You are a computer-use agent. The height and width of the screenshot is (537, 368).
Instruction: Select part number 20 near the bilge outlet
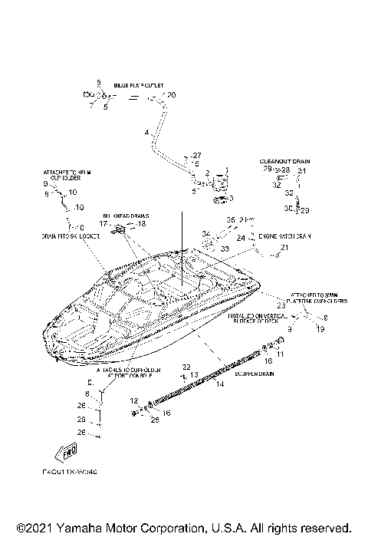(x=171, y=94)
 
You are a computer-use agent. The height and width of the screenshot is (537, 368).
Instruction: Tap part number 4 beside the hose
(x=146, y=133)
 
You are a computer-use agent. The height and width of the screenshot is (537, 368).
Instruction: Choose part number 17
(x=103, y=223)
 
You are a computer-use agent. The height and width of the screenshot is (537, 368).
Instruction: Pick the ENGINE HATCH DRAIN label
(x=284, y=236)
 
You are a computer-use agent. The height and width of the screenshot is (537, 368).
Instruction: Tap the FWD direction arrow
(x=66, y=451)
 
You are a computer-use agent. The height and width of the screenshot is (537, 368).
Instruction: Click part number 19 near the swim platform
(x=320, y=328)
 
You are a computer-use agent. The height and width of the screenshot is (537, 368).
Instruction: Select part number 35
(x=229, y=220)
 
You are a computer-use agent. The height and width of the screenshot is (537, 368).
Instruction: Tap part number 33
(x=225, y=249)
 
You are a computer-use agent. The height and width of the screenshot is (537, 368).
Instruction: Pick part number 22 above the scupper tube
(x=186, y=367)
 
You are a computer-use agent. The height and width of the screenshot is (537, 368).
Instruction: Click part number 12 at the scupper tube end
(x=133, y=400)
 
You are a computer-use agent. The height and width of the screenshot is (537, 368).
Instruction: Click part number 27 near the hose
(x=195, y=155)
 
